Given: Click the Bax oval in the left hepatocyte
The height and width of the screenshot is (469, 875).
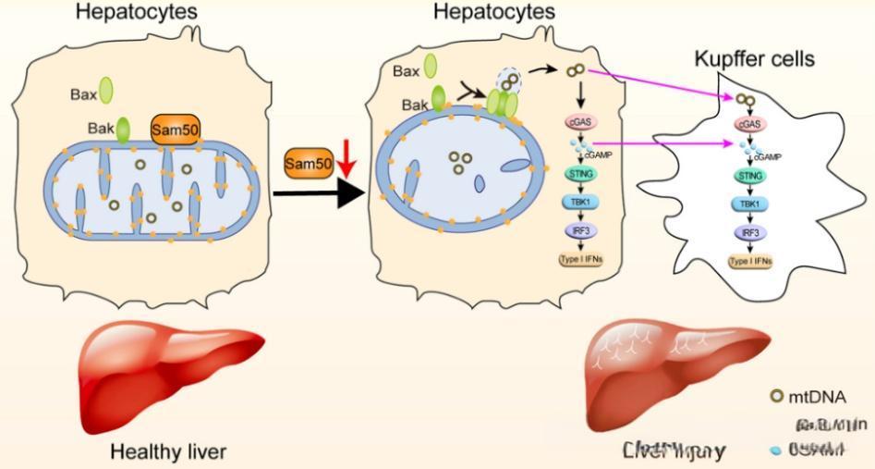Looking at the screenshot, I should tap(105, 91).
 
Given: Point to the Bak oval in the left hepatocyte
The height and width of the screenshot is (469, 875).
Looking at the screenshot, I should tap(122, 130).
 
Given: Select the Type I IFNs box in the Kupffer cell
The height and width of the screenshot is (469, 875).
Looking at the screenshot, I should tap(749, 262).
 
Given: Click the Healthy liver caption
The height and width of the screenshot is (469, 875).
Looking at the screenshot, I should tap(168, 452).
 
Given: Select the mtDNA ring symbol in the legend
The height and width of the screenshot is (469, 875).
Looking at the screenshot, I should tap(777, 398).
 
